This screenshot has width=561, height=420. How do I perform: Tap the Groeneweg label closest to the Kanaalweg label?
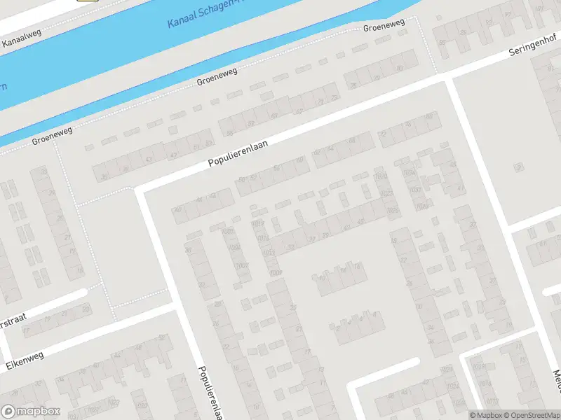click(x=51, y=137)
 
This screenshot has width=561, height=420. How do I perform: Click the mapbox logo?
click(x=31, y=412)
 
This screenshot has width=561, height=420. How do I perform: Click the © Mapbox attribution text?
click(x=485, y=415)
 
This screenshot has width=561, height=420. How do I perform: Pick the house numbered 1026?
click(x=391, y=211)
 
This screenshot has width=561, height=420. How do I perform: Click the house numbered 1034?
click(x=421, y=207)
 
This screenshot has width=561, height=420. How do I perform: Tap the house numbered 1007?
click(x=242, y=265)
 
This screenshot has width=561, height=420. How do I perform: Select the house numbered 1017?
click(x=258, y=224)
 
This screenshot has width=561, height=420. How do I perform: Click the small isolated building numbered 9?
click(x=519, y=167)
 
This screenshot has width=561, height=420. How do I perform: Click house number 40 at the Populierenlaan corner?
click(x=178, y=209)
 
